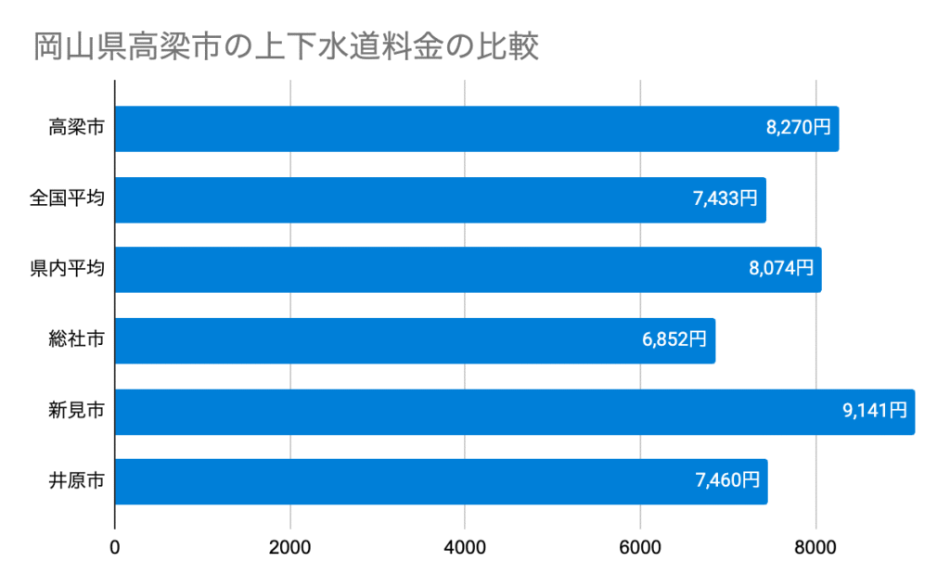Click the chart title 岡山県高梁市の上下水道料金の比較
click(287, 46)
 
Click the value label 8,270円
click(799, 129)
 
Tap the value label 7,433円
click(725, 199)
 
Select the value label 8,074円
click(781, 270)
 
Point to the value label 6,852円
click(674, 340)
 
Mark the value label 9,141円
click(875, 412)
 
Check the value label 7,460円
click(727, 482)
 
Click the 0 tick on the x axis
click(115, 547)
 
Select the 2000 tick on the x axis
click(290, 547)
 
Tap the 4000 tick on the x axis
click(466, 547)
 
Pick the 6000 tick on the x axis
click(641, 547)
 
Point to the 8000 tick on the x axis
click(816, 547)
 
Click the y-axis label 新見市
click(76, 412)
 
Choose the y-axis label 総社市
click(76, 340)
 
